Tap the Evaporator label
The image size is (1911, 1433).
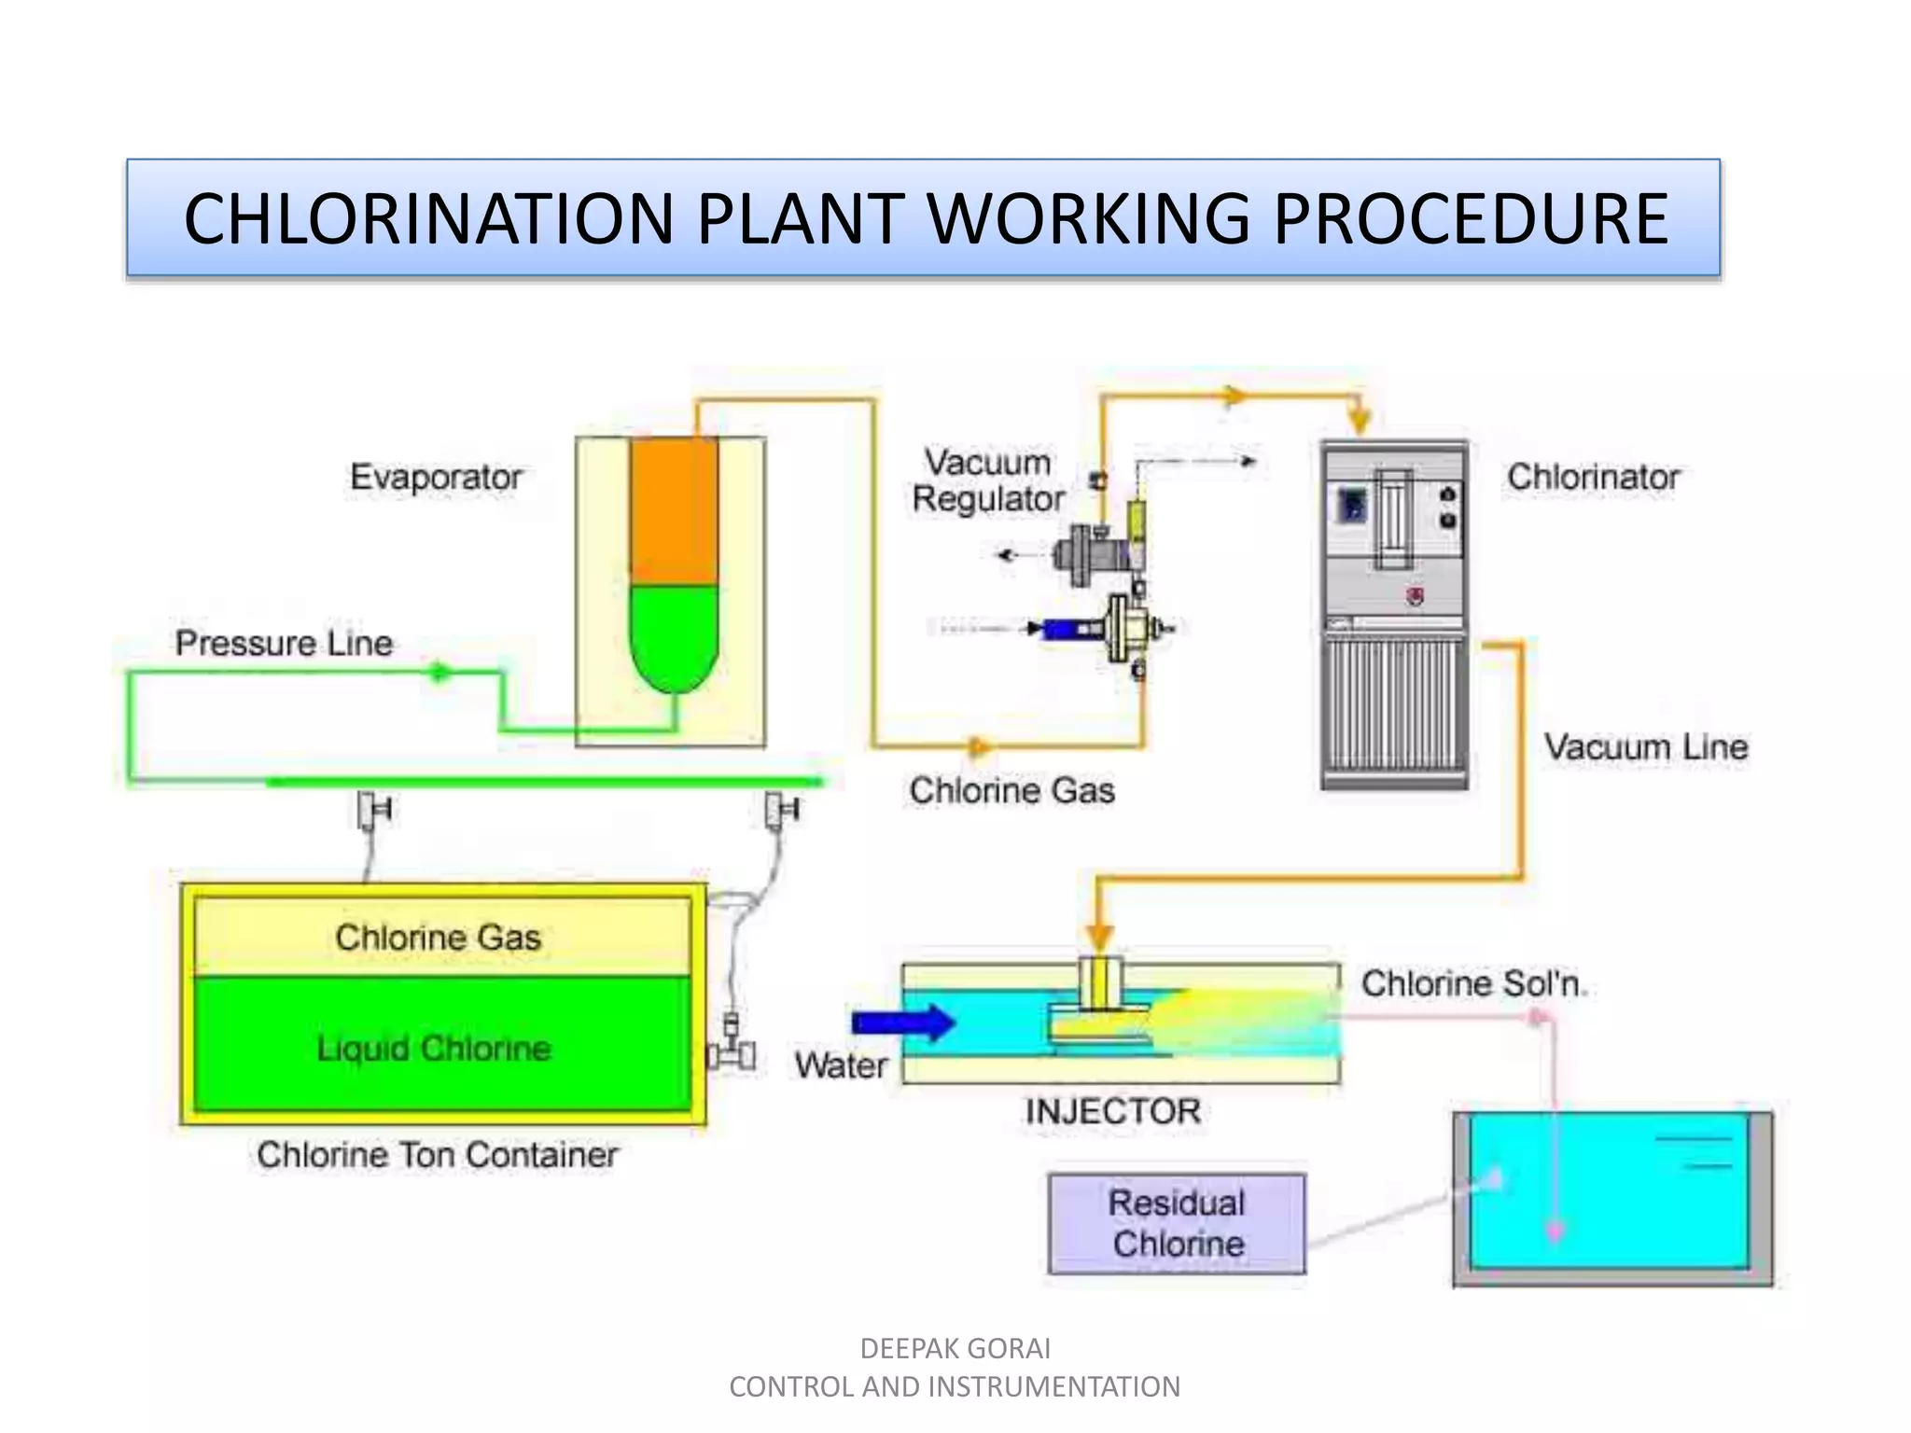pos(436,477)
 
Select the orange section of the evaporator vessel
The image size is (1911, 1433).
pos(674,511)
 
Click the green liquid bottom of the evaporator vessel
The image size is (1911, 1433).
pos(674,634)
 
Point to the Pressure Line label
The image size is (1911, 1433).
pos(284,643)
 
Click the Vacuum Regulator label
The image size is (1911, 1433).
pos(988,480)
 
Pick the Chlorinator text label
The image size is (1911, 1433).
pos(1593,477)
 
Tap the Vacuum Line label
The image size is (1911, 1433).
pos(1645,746)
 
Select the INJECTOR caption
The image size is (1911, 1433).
pos(1112,1111)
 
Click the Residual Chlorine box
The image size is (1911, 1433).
pos(1177,1223)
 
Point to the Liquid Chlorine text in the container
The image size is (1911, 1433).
pos(434,1048)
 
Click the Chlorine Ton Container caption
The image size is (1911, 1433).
pos(438,1155)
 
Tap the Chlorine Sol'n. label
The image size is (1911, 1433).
pos(1473,983)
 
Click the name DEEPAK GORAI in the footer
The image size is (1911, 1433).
pos(955,1348)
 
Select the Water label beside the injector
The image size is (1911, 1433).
pos(841,1064)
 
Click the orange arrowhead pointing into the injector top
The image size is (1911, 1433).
pos(1100,937)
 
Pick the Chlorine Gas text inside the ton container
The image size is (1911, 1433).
pos(438,937)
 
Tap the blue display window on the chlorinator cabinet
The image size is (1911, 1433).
pos(1352,507)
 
